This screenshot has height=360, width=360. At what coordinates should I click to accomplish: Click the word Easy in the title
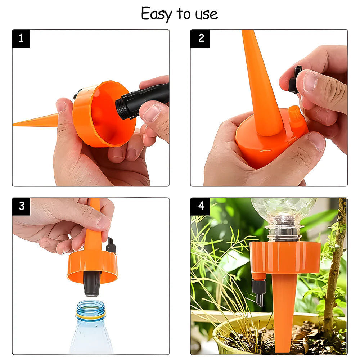157,14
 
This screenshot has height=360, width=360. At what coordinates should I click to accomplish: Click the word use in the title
206,14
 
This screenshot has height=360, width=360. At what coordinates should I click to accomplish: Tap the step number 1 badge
21,39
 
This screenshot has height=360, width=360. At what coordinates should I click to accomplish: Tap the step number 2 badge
201,39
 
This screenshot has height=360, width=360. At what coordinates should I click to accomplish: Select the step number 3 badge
21,206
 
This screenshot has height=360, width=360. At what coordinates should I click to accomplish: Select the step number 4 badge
201,206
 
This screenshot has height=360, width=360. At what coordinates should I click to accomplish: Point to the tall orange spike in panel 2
261,83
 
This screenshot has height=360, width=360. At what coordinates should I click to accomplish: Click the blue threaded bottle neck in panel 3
91,310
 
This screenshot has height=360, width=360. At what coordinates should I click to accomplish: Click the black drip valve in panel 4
259,290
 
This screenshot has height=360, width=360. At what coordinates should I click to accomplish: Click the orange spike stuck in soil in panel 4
284,310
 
